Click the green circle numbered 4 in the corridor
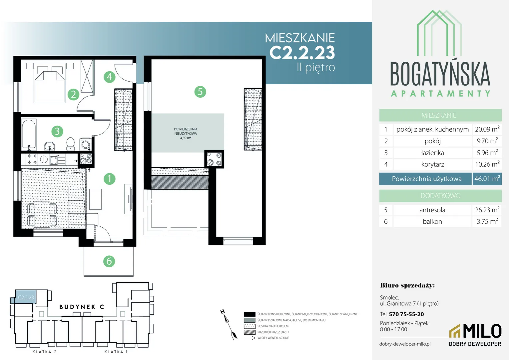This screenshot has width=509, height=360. click(x=110, y=77)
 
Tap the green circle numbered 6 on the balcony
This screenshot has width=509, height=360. click(x=109, y=261)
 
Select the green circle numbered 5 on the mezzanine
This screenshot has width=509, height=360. click(x=200, y=92)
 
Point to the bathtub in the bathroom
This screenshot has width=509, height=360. click(x=29, y=135)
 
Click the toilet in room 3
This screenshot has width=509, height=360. click(x=71, y=144)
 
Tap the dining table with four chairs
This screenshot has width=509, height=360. click(x=42, y=214)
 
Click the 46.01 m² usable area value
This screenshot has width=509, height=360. click(x=487, y=179)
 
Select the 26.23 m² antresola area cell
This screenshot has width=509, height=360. click(x=487, y=210)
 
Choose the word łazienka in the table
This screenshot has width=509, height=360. click(x=432, y=153)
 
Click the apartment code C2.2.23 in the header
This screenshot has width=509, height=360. click(x=302, y=53)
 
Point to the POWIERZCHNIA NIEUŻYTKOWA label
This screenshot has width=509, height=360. click(x=186, y=131)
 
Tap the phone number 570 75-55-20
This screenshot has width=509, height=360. click(x=406, y=314)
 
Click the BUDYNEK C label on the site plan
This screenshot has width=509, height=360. click(x=82, y=307)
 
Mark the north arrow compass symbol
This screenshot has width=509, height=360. click(x=229, y=325)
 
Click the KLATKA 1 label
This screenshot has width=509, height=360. click(x=116, y=352)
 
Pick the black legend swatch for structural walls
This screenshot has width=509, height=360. click(x=250, y=314)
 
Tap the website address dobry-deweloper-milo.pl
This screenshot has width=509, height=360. click(x=405, y=344)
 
